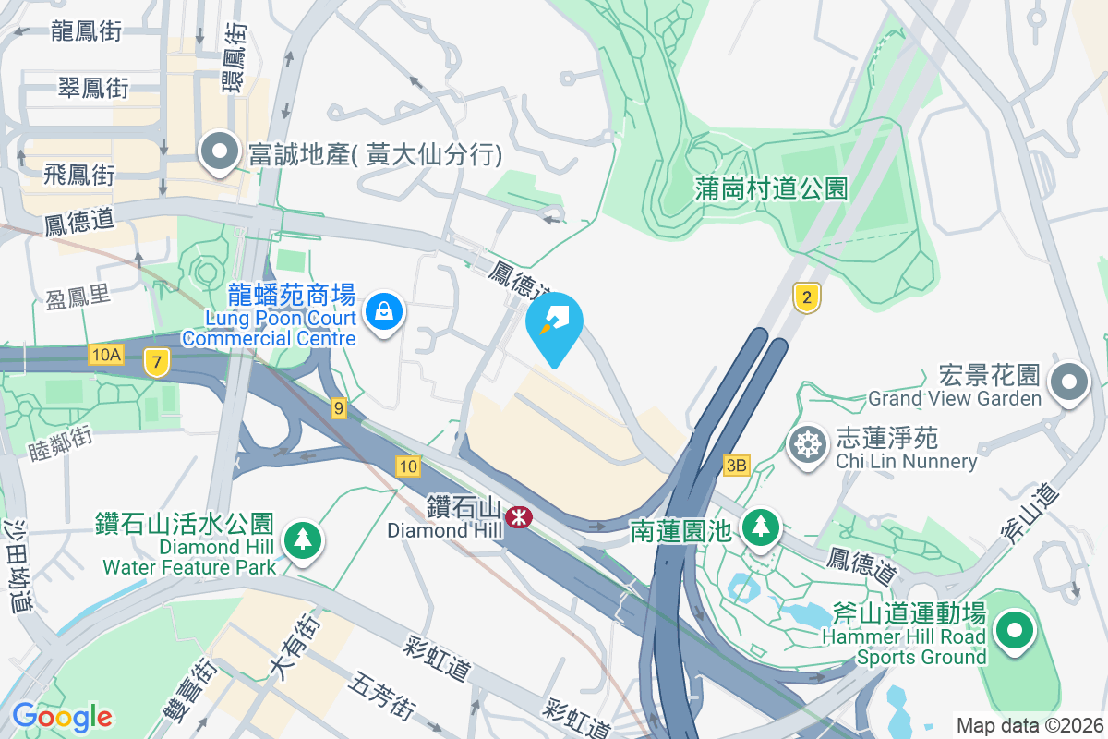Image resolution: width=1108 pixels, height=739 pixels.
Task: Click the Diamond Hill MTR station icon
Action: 519,517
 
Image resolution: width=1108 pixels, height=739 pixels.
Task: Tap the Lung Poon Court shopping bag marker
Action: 382,312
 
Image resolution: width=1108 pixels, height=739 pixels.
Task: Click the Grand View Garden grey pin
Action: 1070,381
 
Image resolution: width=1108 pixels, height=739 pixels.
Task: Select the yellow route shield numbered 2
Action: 807,297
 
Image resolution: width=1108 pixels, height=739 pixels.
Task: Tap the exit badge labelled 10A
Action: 107,355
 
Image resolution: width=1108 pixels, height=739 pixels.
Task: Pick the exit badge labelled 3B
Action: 736,466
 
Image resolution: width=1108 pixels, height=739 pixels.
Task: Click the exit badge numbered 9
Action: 339,407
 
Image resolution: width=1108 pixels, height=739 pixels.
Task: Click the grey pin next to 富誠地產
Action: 220,153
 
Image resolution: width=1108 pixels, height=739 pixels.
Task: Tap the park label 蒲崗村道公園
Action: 771,189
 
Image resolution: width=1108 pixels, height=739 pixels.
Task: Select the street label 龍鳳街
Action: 86,30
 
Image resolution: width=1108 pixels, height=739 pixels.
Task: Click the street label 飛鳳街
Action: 78,174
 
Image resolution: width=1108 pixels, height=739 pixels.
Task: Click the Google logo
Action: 62,716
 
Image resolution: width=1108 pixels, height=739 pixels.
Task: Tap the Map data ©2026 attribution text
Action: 1029,725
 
